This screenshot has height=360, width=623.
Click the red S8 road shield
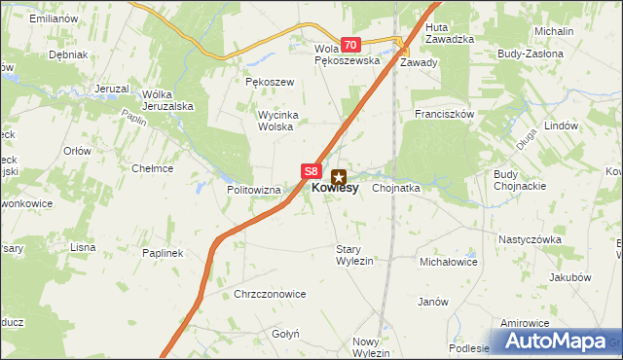click(311, 170)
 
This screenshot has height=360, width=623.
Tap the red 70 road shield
click(351, 45)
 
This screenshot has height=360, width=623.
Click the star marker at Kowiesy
click(339, 177)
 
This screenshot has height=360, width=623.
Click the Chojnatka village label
click(395, 189)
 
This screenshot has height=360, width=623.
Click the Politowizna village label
click(253, 190)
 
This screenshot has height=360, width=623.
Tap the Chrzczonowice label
click(270, 294)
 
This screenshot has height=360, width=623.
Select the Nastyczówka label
click(531, 238)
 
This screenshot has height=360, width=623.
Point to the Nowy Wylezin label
click(371, 347)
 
